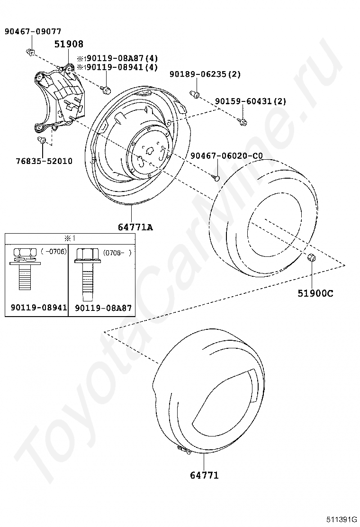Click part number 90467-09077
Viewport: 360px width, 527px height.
33,32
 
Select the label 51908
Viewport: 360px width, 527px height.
69,44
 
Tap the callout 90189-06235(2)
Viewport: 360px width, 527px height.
205,74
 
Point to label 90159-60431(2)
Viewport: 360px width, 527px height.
251,101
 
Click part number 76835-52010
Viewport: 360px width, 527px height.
44,161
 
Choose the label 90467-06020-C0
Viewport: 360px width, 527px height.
227,156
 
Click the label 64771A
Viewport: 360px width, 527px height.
135,227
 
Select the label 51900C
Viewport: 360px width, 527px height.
315,293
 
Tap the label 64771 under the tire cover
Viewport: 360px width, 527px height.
204,475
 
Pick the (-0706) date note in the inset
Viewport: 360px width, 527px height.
54,251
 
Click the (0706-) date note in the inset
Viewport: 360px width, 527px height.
117,253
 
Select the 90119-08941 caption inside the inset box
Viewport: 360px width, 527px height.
39,307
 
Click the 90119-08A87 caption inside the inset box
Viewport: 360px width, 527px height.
103,308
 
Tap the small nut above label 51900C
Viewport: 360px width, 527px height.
311,257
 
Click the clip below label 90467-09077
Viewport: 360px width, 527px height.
30,52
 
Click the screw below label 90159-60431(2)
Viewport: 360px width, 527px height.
243,122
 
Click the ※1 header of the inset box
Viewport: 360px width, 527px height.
70,238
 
